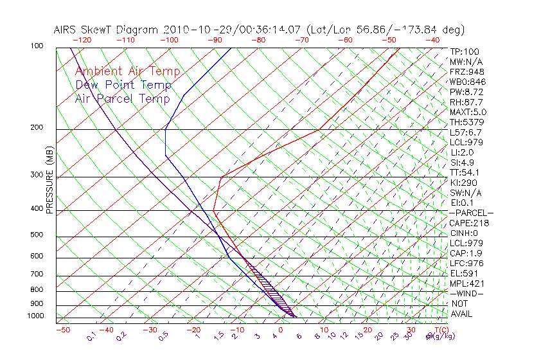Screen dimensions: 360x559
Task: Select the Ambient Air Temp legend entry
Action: [x=128, y=72]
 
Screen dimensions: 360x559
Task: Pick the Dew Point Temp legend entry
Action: [x=123, y=85]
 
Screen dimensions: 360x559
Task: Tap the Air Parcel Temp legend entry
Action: [x=123, y=99]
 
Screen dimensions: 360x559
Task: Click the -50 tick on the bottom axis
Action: [x=62, y=330]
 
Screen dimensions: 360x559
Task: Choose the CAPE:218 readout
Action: [x=469, y=223]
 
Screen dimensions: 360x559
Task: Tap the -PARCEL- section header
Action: [x=471, y=213]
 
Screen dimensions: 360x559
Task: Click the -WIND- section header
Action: [x=467, y=293]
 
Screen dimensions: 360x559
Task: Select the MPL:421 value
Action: [x=467, y=283]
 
